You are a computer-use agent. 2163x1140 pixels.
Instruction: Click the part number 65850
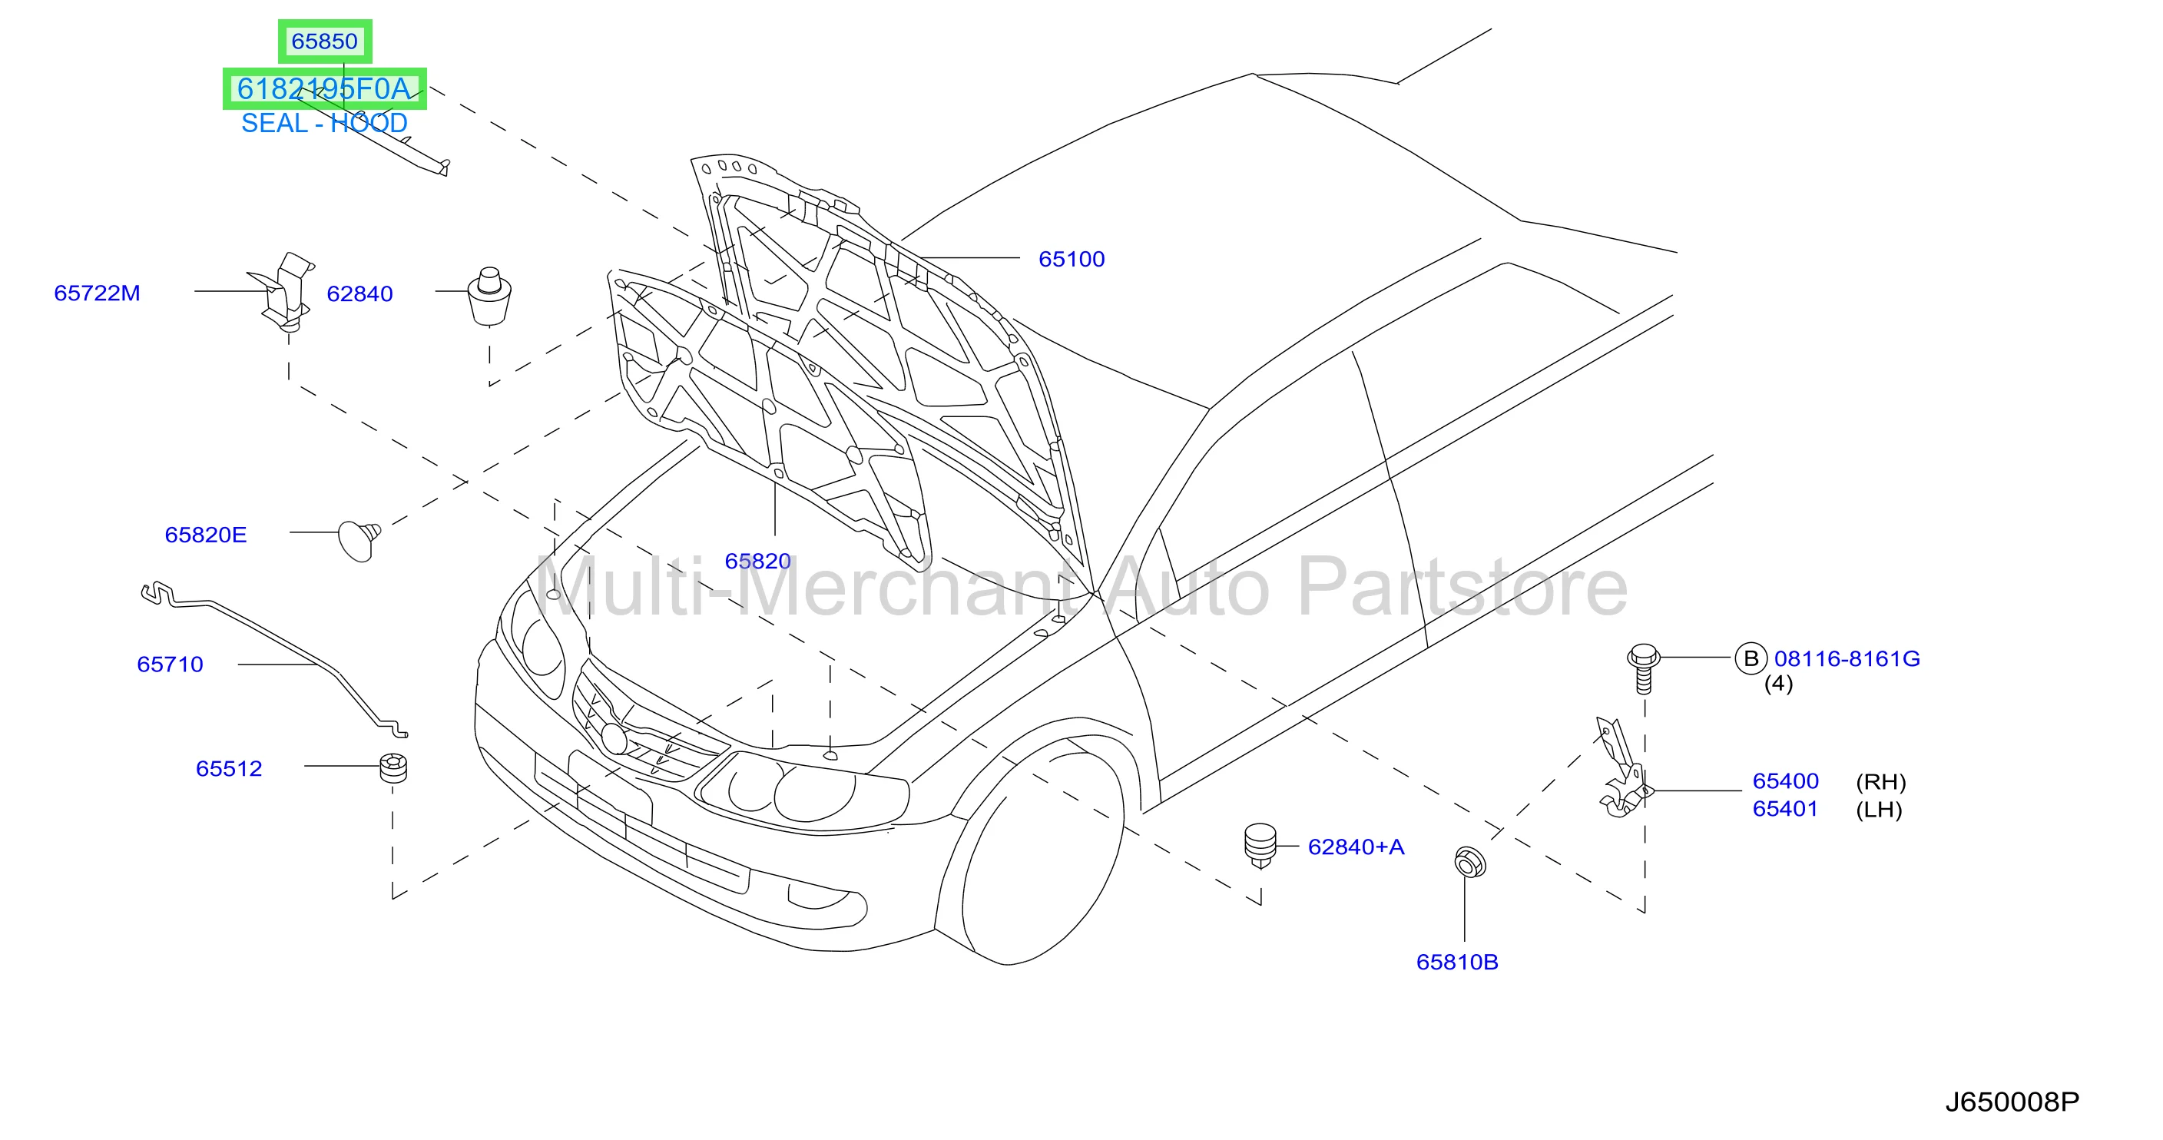[x=324, y=41]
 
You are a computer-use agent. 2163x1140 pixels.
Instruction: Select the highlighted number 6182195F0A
[x=324, y=88]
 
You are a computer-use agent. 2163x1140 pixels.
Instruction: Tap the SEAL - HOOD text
[x=324, y=123]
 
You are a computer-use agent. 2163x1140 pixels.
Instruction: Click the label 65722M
[x=97, y=293]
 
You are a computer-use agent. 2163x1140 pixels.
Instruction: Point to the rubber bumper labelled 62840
[x=489, y=297]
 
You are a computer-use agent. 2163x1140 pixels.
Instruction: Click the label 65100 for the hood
[x=1072, y=259]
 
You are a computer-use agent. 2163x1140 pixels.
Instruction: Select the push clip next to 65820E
[x=359, y=540]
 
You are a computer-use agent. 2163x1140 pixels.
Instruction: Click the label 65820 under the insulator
[x=757, y=561]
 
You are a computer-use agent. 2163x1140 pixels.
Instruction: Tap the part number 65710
[x=170, y=664]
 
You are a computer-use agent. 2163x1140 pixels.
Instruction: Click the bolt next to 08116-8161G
[x=1643, y=668]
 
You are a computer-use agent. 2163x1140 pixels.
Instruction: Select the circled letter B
[x=1751, y=658]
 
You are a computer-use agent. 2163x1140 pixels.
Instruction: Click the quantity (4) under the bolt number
[x=1778, y=684]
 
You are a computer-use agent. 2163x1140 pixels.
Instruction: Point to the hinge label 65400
[x=1785, y=780]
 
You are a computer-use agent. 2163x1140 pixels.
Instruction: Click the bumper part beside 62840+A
[x=1260, y=844]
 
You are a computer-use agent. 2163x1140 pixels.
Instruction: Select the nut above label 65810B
[x=1469, y=862]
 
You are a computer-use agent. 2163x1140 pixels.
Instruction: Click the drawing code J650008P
[x=2012, y=1102]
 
